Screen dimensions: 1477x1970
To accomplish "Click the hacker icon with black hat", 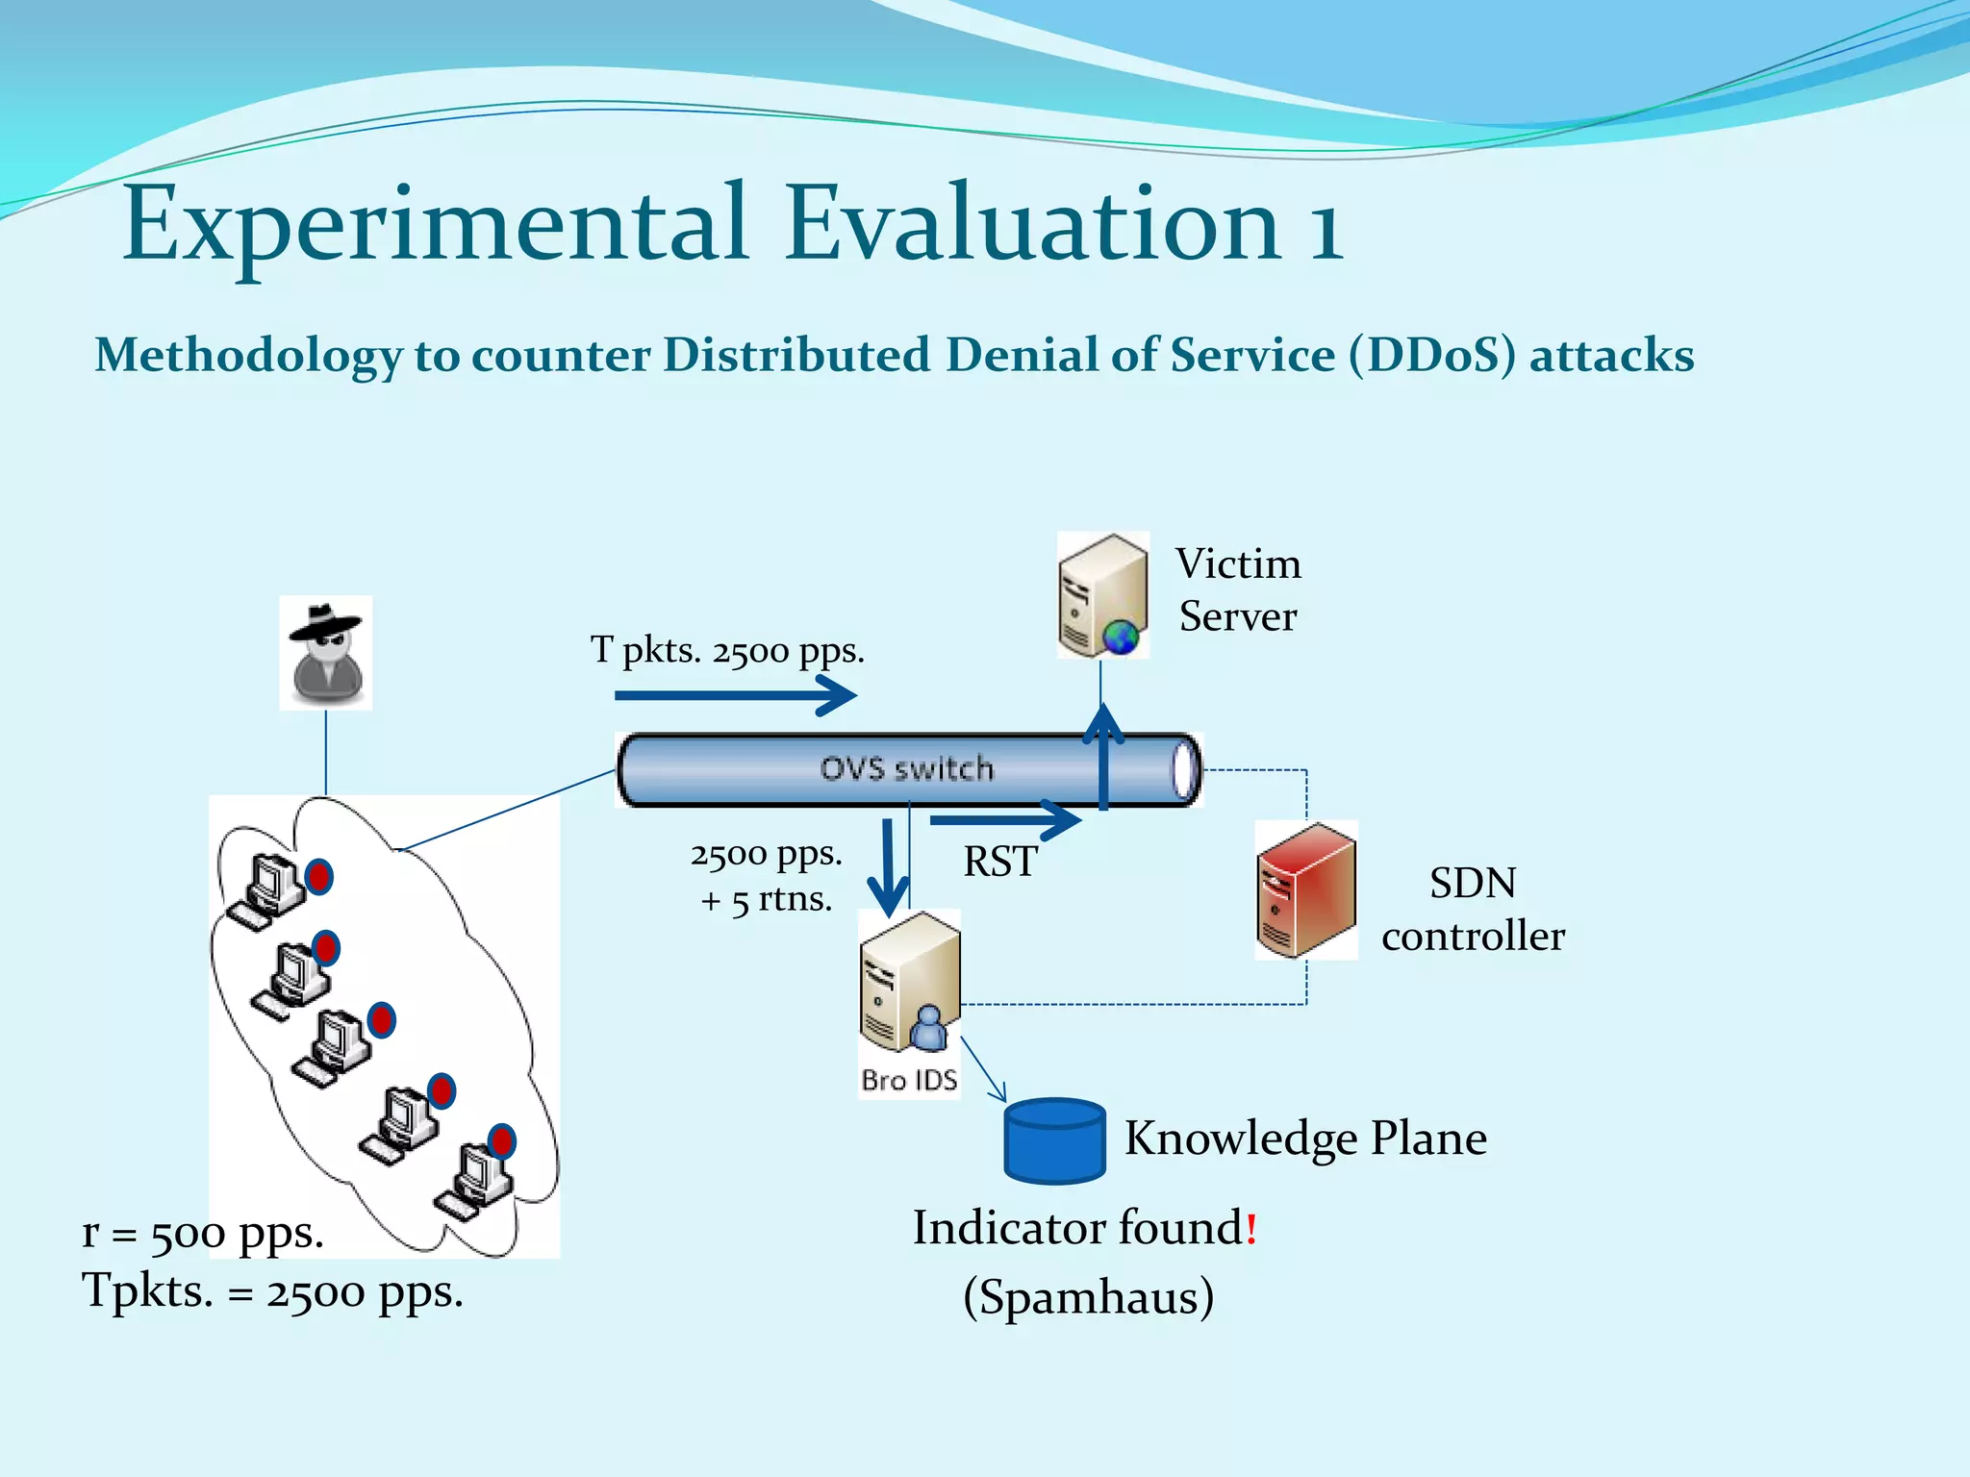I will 326,652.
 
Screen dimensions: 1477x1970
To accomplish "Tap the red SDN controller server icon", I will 1305,890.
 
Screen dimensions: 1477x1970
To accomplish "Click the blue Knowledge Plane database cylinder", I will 1054,1140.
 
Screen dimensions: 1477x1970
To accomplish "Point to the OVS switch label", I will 906,768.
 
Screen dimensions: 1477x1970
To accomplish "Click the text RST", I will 1000,861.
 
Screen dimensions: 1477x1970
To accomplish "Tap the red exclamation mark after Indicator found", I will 1250,1229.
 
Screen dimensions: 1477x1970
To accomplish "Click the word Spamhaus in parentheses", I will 1088,1296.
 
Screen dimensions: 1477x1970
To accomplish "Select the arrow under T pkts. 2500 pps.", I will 736,694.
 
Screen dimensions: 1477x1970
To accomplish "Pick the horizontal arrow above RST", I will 1004,820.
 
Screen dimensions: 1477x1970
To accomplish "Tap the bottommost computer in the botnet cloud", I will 474,1179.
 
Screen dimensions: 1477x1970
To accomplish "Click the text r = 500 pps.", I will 203,1232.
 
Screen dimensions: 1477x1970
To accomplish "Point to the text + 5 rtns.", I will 766,900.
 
